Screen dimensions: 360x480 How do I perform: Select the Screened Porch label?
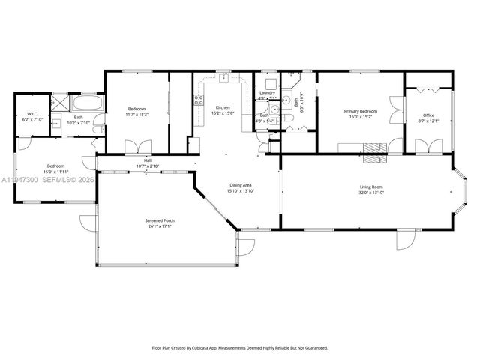coord(159,220)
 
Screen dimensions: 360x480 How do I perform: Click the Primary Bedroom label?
coord(360,111)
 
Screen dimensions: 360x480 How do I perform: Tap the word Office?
coord(428,115)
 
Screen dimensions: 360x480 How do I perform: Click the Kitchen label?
coord(223,107)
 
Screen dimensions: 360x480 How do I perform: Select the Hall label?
coord(148,160)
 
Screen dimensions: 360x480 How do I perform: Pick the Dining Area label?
coord(240,184)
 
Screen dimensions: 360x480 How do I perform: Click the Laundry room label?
coord(267,92)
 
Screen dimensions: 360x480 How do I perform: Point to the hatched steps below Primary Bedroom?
coord(373,158)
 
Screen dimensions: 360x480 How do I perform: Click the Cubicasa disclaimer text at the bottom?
coord(240,347)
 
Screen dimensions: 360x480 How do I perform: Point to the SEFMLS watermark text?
coord(67,179)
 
